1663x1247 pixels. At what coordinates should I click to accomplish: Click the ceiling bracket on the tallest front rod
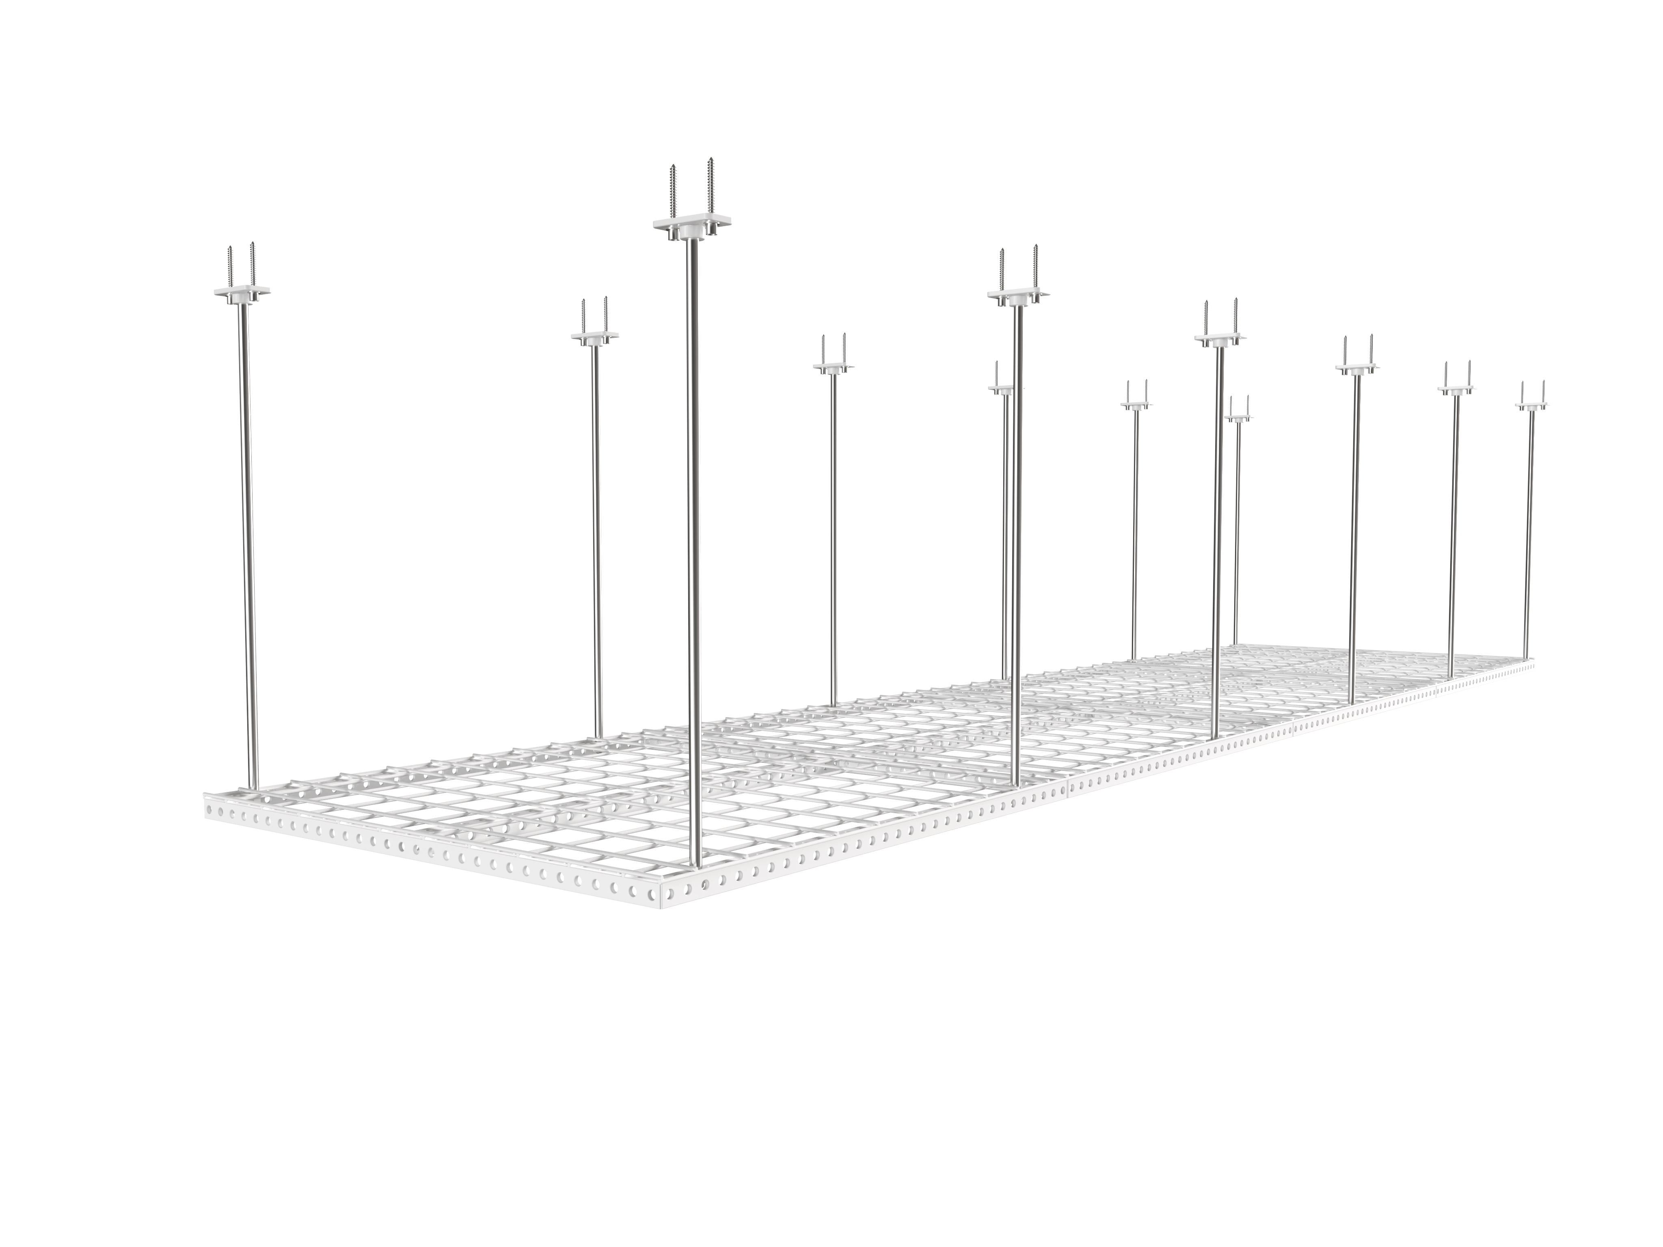692,225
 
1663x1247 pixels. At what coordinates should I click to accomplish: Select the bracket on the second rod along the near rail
1019,294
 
